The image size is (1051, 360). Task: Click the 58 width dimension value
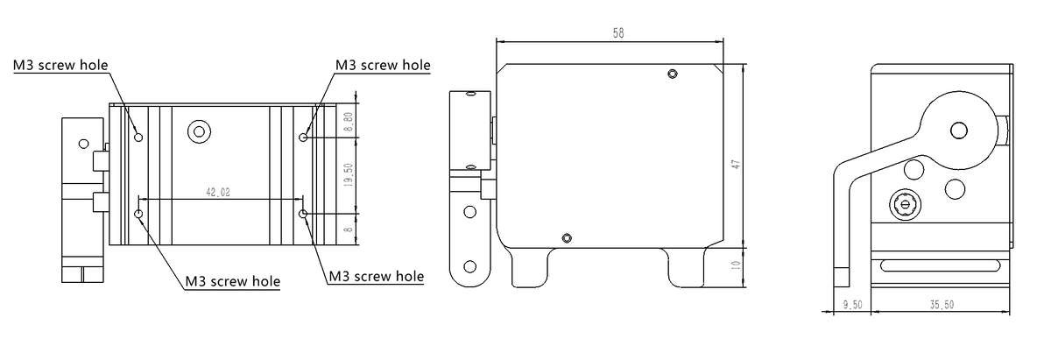pyautogui.click(x=618, y=33)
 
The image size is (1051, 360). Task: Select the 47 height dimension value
pyautogui.click(x=737, y=165)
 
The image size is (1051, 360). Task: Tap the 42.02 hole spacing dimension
pyautogui.click(x=218, y=192)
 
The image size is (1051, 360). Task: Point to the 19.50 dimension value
pyautogui.click(x=349, y=175)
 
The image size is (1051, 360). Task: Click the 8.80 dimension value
pyautogui.click(x=349, y=122)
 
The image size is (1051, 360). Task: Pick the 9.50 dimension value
pyautogui.click(x=852, y=305)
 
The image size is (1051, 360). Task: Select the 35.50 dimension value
pyautogui.click(x=942, y=305)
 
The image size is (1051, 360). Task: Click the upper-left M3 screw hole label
pyautogui.click(x=60, y=65)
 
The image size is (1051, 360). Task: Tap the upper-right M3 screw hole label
pyautogui.click(x=383, y=65)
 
